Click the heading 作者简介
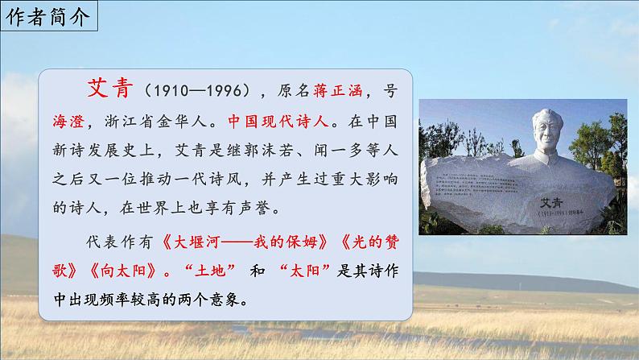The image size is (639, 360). (49, 18)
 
